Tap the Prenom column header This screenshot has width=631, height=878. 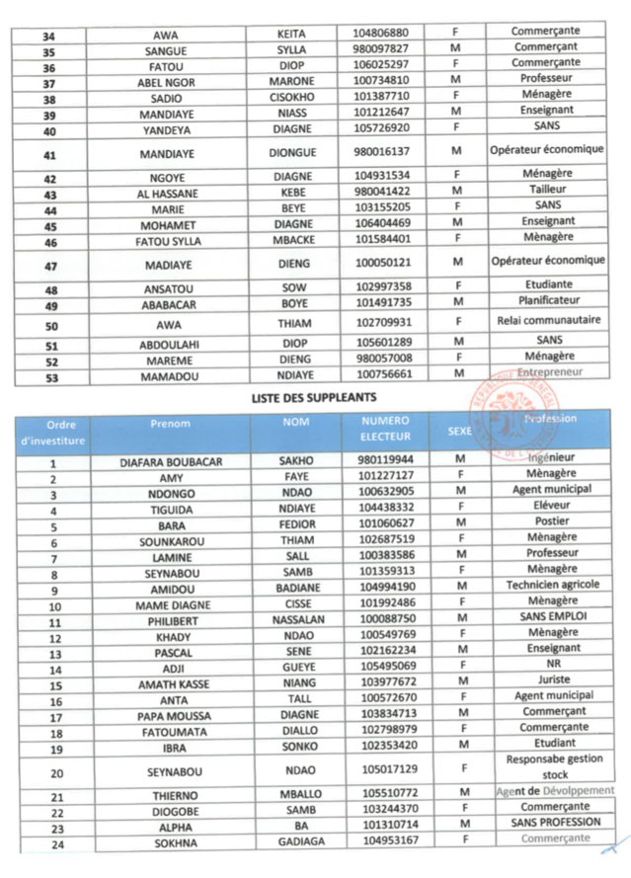(x=170, y=423)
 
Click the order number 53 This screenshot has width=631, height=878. (x=51, y=376)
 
